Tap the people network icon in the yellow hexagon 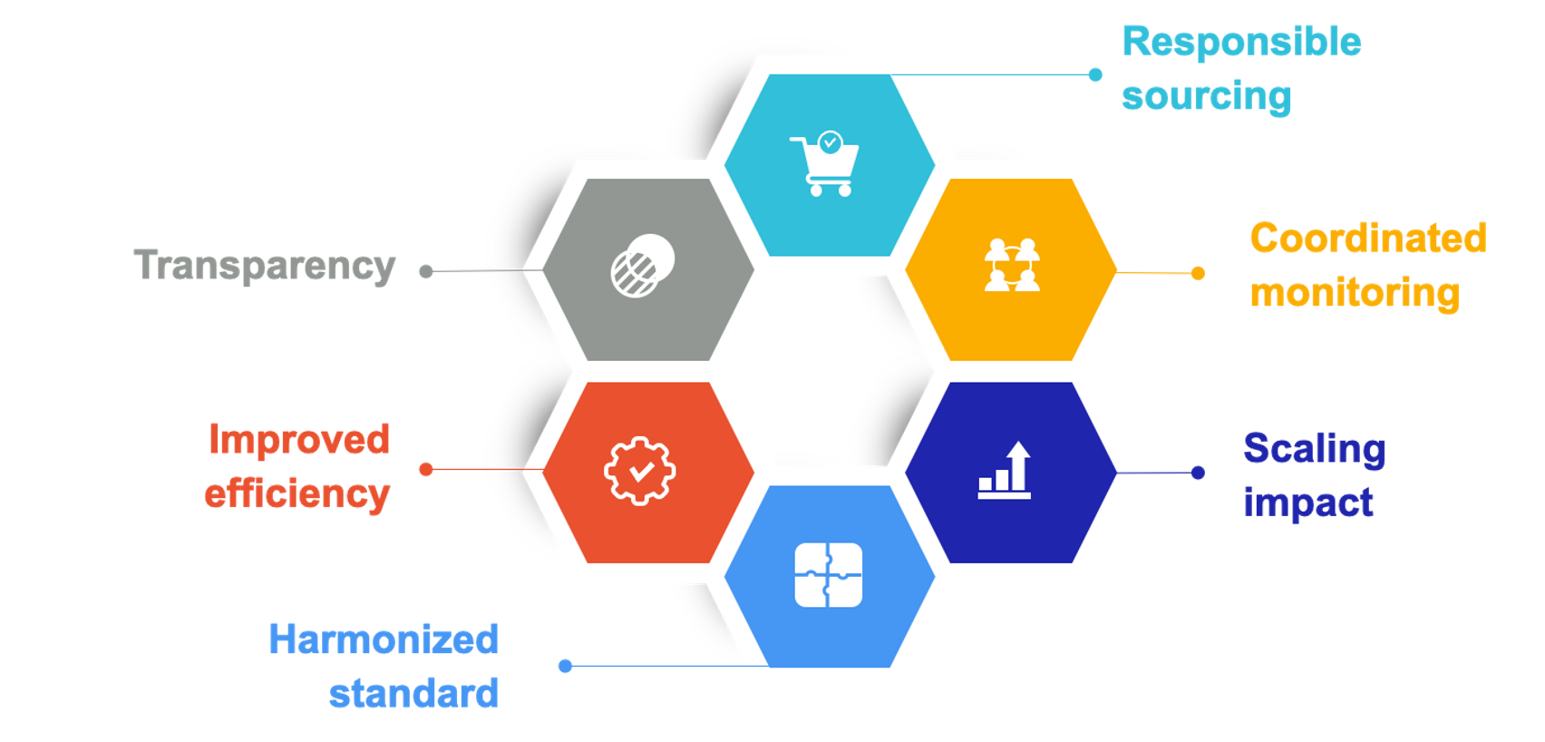pos(1012,265)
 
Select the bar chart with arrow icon pos(1006,470)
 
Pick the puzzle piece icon pos(829,574)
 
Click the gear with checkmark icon pos(640,471)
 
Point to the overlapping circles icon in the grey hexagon pos(643,266)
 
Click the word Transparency pos(265,266)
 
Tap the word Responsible pos(1241,43)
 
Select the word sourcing pos(1206,96)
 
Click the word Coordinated pos(1367,239)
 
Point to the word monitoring pos(1355,293)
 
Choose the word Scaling pos(1314,449)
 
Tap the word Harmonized pos(384,639)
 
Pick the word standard pos(413,694)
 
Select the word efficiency pos(296,494)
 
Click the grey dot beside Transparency pos(426,271)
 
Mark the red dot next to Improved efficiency pos(426,469)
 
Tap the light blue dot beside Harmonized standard pos(565,667)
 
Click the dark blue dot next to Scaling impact pos(1198,473)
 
